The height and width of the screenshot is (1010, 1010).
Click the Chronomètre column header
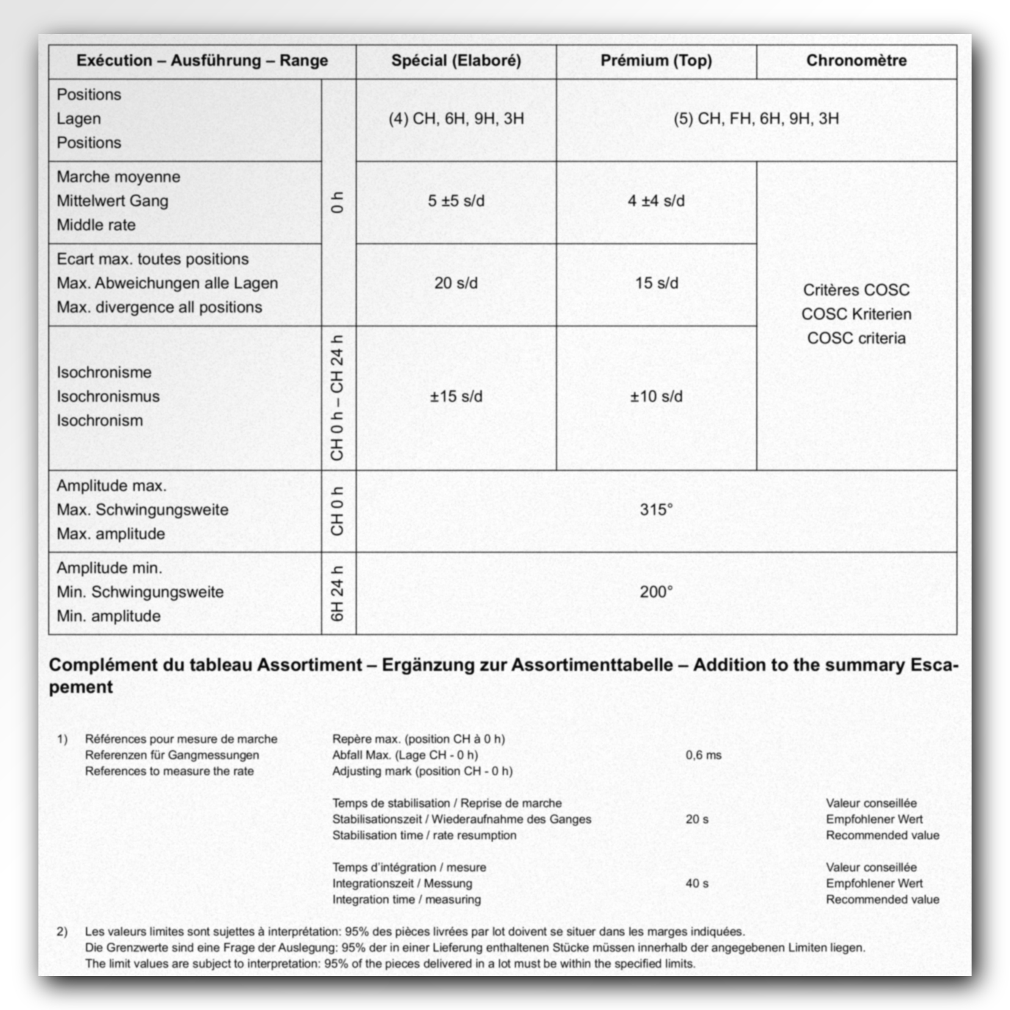pos(856,60)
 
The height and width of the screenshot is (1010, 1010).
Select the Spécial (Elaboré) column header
pos(456,60)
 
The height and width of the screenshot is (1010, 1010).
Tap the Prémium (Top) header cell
pos(656,60)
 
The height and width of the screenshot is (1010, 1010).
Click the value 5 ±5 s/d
pos(456,201)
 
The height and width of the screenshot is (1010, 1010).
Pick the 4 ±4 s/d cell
pos(656,201)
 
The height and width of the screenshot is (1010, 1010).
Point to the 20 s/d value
pos(456,283)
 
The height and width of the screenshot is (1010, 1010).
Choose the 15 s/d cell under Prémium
pos(656,283)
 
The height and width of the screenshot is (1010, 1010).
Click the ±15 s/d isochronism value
pos(456,396)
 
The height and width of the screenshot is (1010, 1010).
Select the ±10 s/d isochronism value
pos(656,396)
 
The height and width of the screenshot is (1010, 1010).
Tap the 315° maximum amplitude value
pos(656,509)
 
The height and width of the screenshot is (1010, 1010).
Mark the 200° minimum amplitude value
pos(656,592)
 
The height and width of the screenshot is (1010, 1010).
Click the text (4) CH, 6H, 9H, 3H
pos(456,118)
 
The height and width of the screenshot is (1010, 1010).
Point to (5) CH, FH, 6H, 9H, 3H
pos(756,118)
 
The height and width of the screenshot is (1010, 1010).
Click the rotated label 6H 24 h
pos(337,593)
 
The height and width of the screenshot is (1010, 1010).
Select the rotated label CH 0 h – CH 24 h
pos(337,398)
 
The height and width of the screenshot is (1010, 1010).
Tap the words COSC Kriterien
pos(856,314)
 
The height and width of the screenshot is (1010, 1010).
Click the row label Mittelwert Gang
pos(112,201)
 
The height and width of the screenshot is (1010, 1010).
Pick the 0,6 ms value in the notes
pos(703,755)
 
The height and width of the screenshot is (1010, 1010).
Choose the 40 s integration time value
pos(697,883)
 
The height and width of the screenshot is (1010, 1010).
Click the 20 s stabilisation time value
pos(697,819)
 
